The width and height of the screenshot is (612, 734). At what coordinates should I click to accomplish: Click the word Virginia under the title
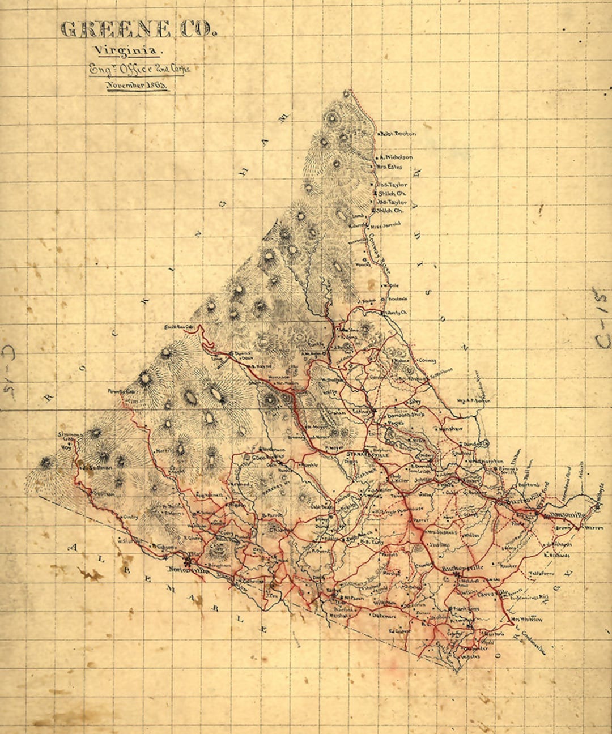pyautogui.click(x=128, y=51)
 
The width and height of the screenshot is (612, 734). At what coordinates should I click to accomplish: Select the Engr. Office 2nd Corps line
pyautogui.click(x=139, y=69)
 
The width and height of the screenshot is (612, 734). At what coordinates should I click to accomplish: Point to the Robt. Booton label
pyautogui.click(x=398, y=134)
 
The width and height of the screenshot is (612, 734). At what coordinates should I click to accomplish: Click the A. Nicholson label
pyautogui.click(x=396, y=157)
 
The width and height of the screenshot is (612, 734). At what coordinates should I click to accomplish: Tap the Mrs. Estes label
pyautogui.click(x=390, y=167)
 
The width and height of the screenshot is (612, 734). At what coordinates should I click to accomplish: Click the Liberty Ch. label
pyautogui.click(x=396, y=313)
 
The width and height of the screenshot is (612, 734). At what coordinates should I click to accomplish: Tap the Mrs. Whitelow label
pyautogui.click(x=528, y=620)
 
